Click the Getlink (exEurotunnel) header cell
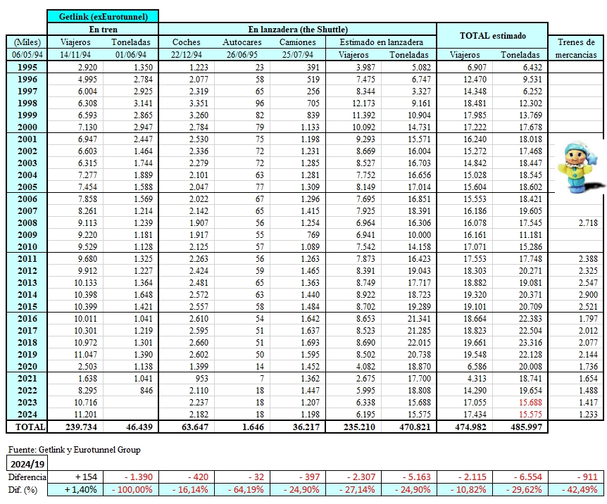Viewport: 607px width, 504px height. tap(103, 16)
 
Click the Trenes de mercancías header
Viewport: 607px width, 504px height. tap(575, 48)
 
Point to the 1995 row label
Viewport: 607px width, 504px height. tap(27, 67)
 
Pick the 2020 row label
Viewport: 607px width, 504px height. tap(27, 366)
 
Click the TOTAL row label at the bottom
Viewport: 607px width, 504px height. tap(27, 427)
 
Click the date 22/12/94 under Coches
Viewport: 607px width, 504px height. tap(186, 54)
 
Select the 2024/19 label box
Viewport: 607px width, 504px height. tap(27, 463)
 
